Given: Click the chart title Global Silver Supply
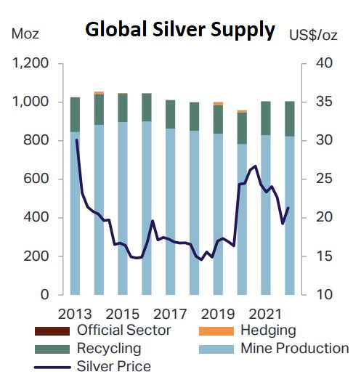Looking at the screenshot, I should (180, 31).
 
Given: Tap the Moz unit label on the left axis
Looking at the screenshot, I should (25, 34).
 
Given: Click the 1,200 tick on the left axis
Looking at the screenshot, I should (30, 64).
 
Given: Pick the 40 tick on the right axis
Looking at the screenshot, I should (320, 64).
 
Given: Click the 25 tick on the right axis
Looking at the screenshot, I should (320, 179).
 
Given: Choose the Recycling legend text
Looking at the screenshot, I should (108, 349).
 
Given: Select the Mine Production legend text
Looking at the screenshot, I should (294, 349).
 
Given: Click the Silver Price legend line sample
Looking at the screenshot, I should (51, 366).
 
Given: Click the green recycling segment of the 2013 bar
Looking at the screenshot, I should (76, 114).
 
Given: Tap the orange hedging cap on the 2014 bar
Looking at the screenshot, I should (99, 93).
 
